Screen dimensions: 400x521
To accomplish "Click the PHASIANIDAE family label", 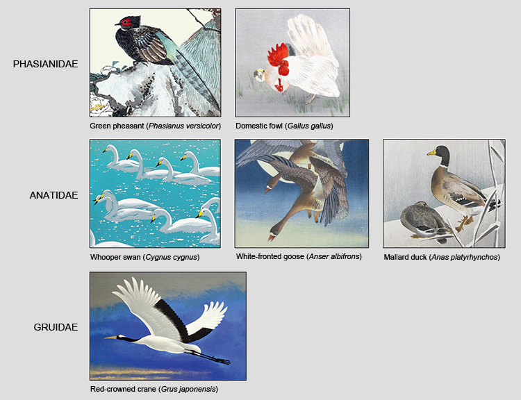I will coord(45,64).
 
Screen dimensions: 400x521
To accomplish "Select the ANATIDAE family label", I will coord(53,195).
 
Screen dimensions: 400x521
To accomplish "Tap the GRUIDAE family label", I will coord(56,327).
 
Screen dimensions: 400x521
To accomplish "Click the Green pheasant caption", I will coord(155,126).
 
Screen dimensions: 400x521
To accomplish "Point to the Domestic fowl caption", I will coord(284,126).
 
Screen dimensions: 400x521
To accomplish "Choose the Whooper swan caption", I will coord(144,257).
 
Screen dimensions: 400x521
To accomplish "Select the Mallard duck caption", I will coord(441,257).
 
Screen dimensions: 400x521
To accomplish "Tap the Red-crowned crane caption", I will coord(154,389).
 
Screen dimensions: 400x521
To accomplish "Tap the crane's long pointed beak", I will coord(112,337).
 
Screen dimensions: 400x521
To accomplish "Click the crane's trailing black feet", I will coord(221,360).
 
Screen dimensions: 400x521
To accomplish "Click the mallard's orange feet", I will coord(463,222).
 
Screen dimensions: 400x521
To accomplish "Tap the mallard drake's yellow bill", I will coord(432,152).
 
